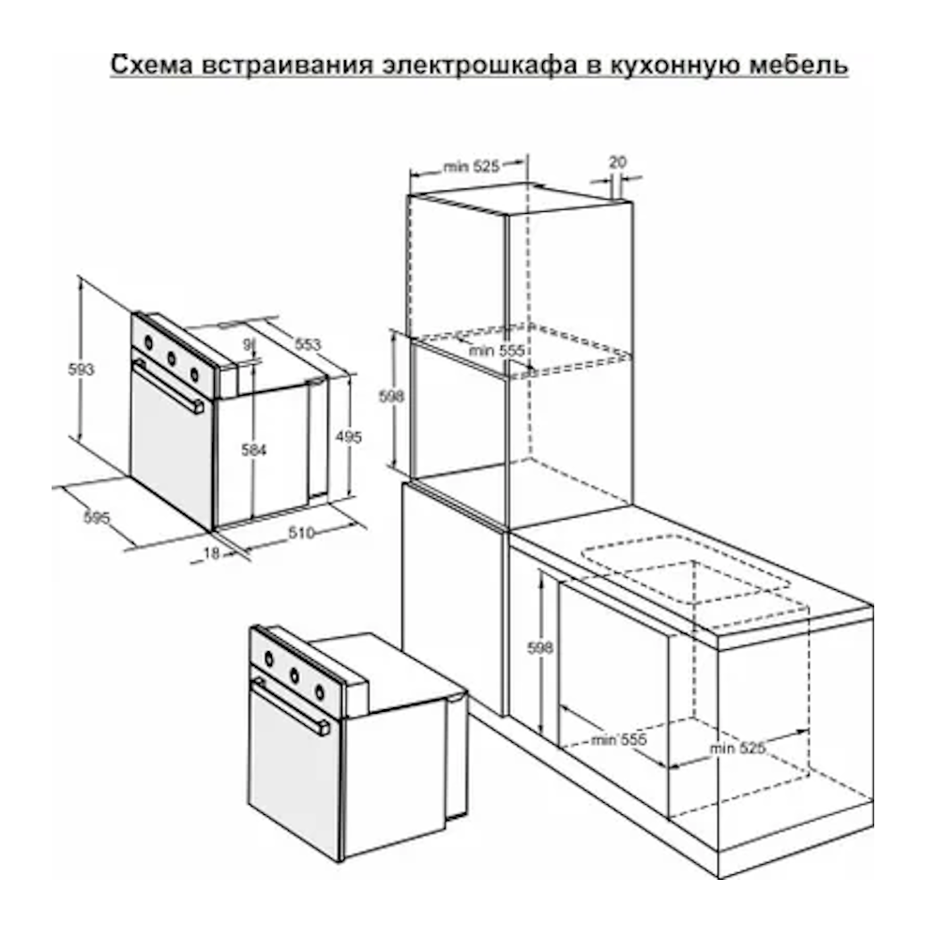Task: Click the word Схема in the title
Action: click(152, 65)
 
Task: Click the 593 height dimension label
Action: click(81, 370)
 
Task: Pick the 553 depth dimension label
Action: click(308, 344)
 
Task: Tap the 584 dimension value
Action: click(253, 449)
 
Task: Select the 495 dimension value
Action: click(348, 437)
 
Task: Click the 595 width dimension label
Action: click(97, 517)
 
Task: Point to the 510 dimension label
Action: click(301, 533)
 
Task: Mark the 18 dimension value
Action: click(211, 553)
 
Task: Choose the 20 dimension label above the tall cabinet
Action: click(617, 161)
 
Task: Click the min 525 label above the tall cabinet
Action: click(472, 166)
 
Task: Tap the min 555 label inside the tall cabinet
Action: click(496, 350)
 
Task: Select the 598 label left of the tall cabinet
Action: click(391, 396)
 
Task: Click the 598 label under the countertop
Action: click(539, 647)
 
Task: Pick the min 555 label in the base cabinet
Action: click(618, 740)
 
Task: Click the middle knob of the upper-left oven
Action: click(172, 359)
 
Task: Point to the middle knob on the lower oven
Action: click(295, 676)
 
